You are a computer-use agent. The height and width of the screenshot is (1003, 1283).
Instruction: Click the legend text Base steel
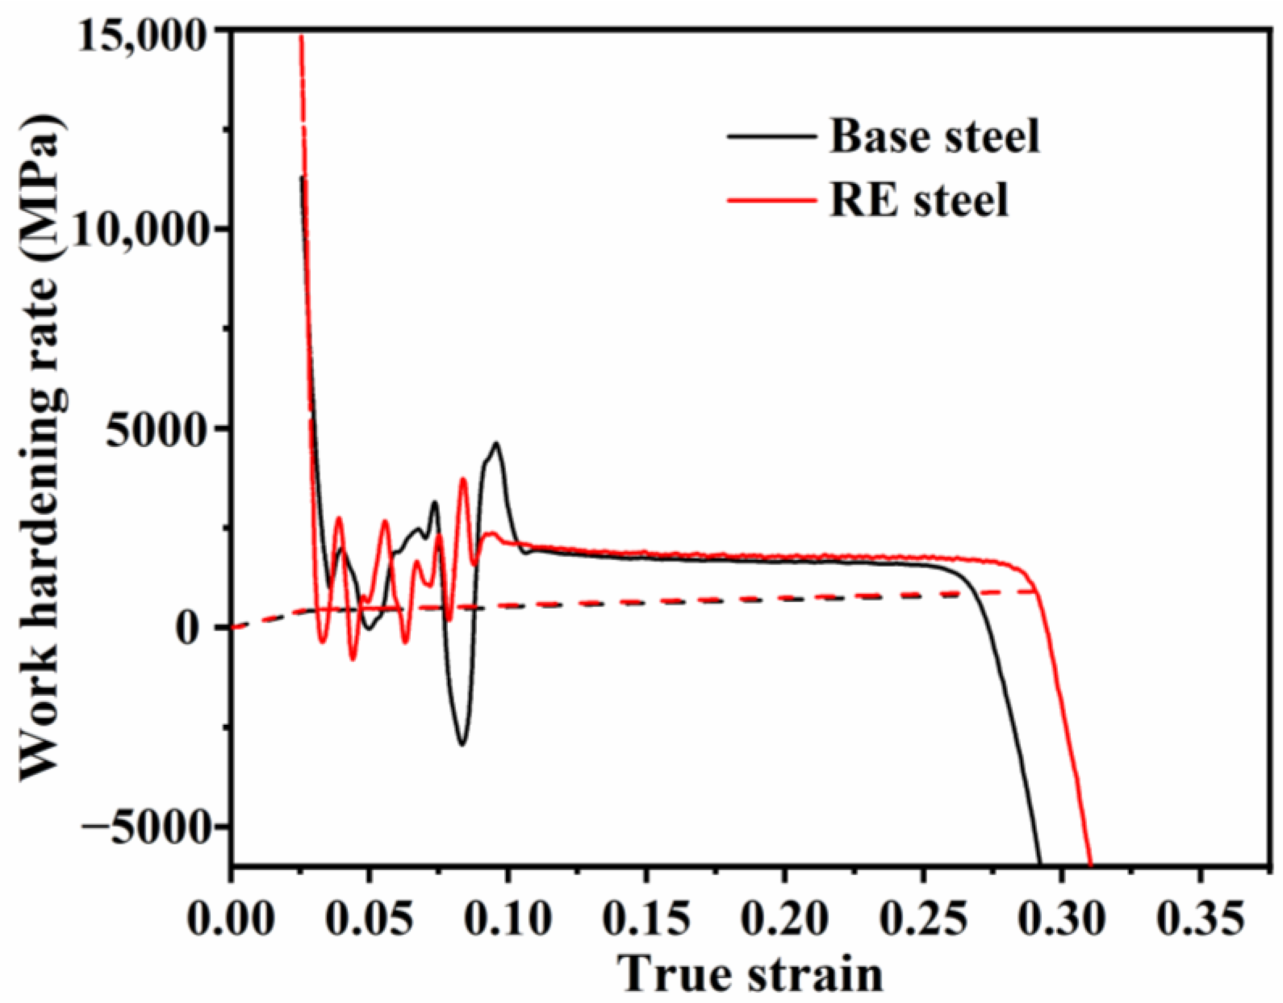pos(934,136)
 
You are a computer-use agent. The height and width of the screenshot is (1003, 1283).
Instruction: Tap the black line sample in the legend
pos(771,136)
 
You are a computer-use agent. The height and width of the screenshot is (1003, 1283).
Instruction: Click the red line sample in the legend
pos(771,200)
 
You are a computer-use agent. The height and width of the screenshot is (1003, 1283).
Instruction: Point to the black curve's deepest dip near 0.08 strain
pos(463,745)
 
